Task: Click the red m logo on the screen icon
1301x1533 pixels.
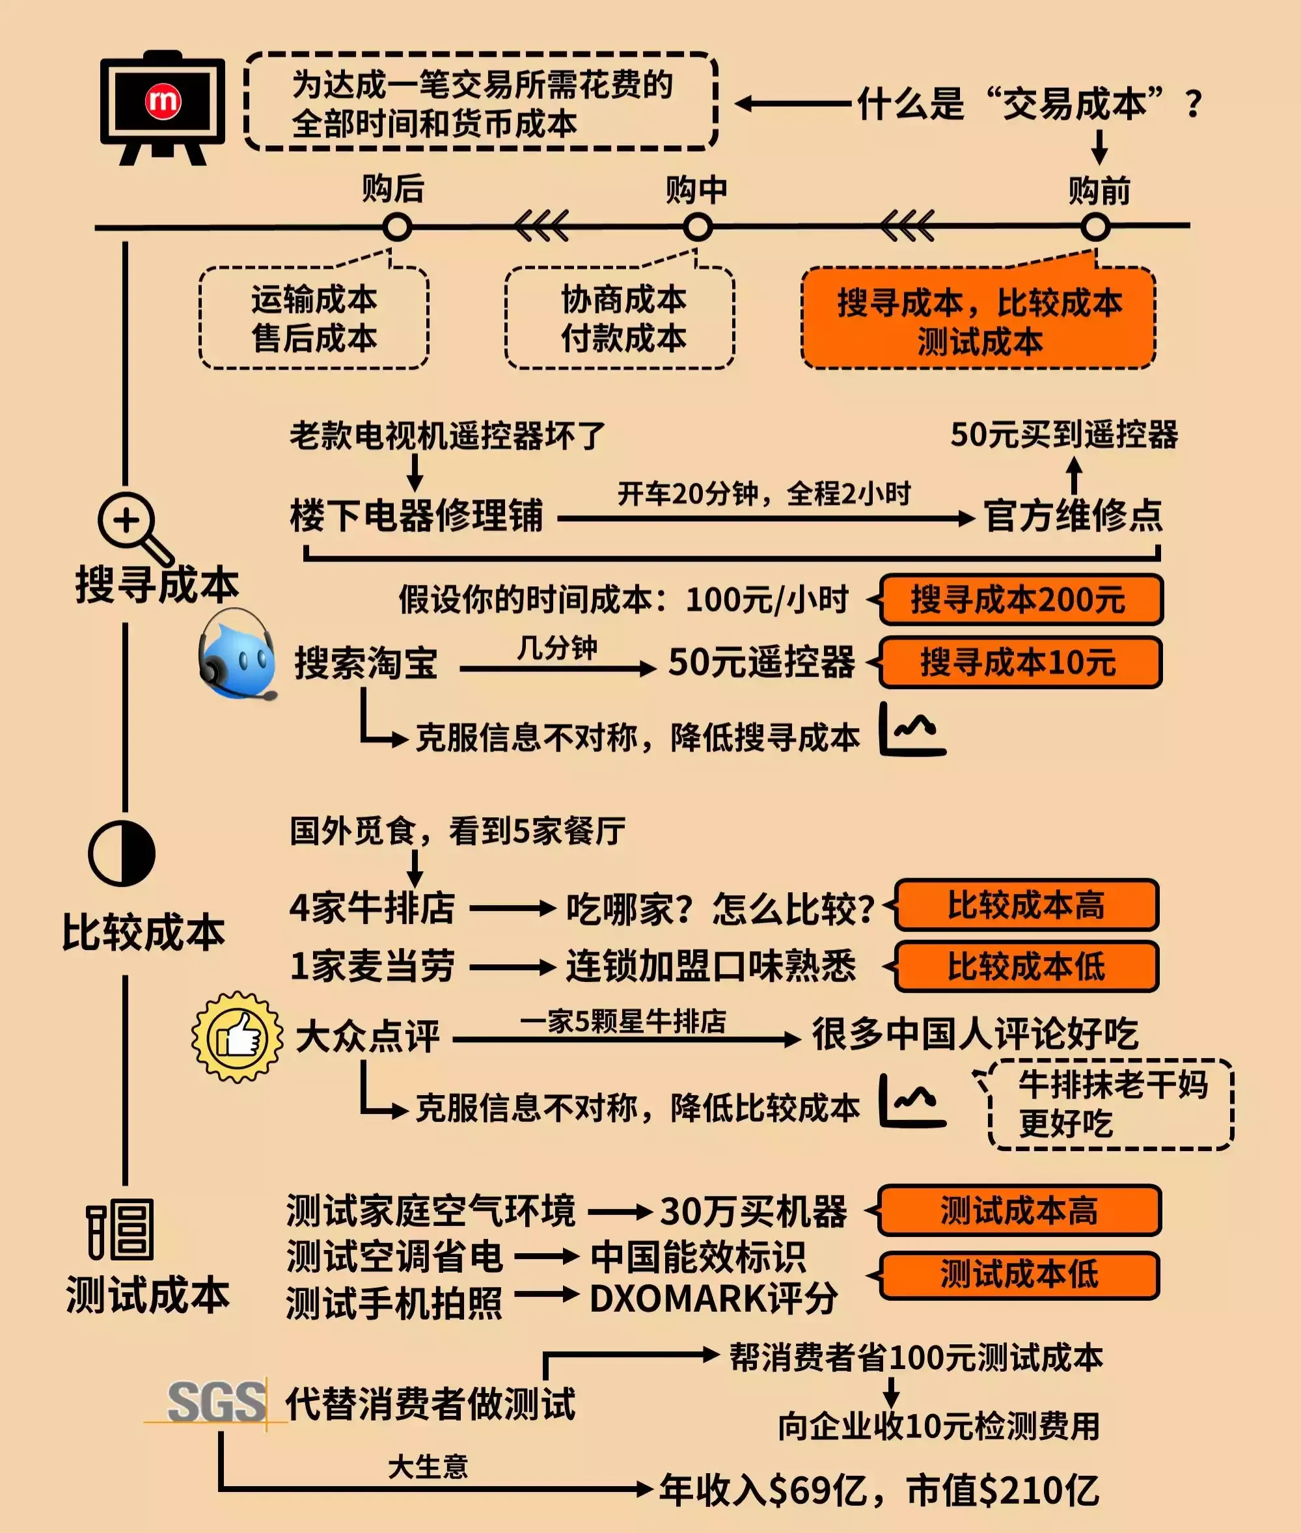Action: tap(162, 100)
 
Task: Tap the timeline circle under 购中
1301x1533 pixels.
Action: tap(697, 227)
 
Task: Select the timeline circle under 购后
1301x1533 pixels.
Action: tap(397, 227)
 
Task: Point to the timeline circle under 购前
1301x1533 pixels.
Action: tap(1095, 227)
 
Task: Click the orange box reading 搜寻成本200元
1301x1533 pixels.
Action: tap(1020, 599)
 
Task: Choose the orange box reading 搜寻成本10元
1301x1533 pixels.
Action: tap(1020, 662)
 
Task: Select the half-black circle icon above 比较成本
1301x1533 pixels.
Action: tap(122, 853)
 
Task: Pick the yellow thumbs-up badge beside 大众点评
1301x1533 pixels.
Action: tap(237, 1036)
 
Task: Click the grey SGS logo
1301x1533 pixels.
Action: tap(216, 1402)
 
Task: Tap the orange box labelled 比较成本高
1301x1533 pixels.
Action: tap(1026, 904)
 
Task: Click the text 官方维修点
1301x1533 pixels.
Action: tap(1073, 515)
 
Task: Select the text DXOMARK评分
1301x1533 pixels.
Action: tap(713, 1299)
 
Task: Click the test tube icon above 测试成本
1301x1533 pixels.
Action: tap(120, 1229)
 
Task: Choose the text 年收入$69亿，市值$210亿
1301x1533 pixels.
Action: tap(879, 1490)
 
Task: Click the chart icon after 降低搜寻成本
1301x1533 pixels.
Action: tap(912, 730)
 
